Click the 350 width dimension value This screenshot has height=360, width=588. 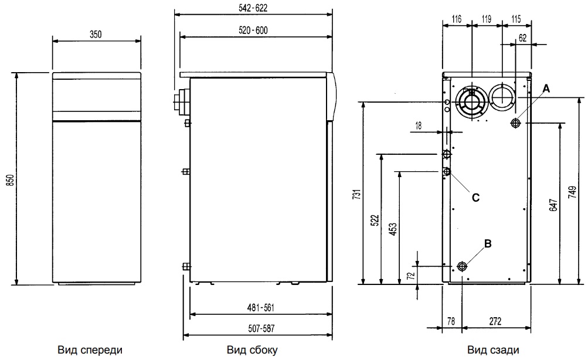[x=96, y=35]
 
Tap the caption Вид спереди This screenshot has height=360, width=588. [x=90, y=350]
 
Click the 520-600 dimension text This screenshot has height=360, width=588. [x=253, y=30]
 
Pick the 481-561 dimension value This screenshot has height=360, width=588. [x=257, y=307]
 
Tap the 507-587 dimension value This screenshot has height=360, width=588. [x=257, y=329]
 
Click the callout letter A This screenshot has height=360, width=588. [x=546, y=88]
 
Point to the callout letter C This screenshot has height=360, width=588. [x=475, y=198]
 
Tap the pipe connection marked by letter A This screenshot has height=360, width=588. [x=516, y=123]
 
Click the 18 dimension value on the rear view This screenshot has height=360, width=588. [x=434, y=125]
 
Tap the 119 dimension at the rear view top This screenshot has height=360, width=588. [x=486, y=19]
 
